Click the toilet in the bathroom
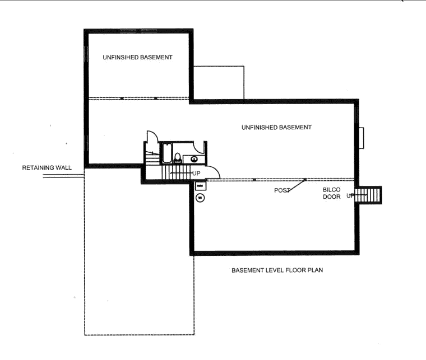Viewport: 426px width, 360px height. (178, 158)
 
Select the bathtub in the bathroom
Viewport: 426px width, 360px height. (167, 153)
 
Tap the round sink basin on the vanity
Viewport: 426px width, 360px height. (194, 159)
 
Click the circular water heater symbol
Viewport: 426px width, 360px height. (200, 198)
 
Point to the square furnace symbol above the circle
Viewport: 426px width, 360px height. (201, 186)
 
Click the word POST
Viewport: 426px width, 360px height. (282, 190)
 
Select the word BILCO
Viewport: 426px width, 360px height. (331, 190)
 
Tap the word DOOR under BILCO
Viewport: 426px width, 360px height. (331, 197)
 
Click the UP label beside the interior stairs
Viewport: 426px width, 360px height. (196, 173)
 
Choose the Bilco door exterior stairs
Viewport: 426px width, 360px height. (368, 195)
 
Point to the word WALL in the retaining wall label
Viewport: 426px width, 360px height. (63, 167)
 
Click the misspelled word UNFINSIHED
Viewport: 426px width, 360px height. (121, 57)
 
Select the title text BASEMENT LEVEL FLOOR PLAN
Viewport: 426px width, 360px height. (277, 270)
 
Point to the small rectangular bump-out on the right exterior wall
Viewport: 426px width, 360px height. (362, 138)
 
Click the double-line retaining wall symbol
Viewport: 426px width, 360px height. (63, 176)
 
